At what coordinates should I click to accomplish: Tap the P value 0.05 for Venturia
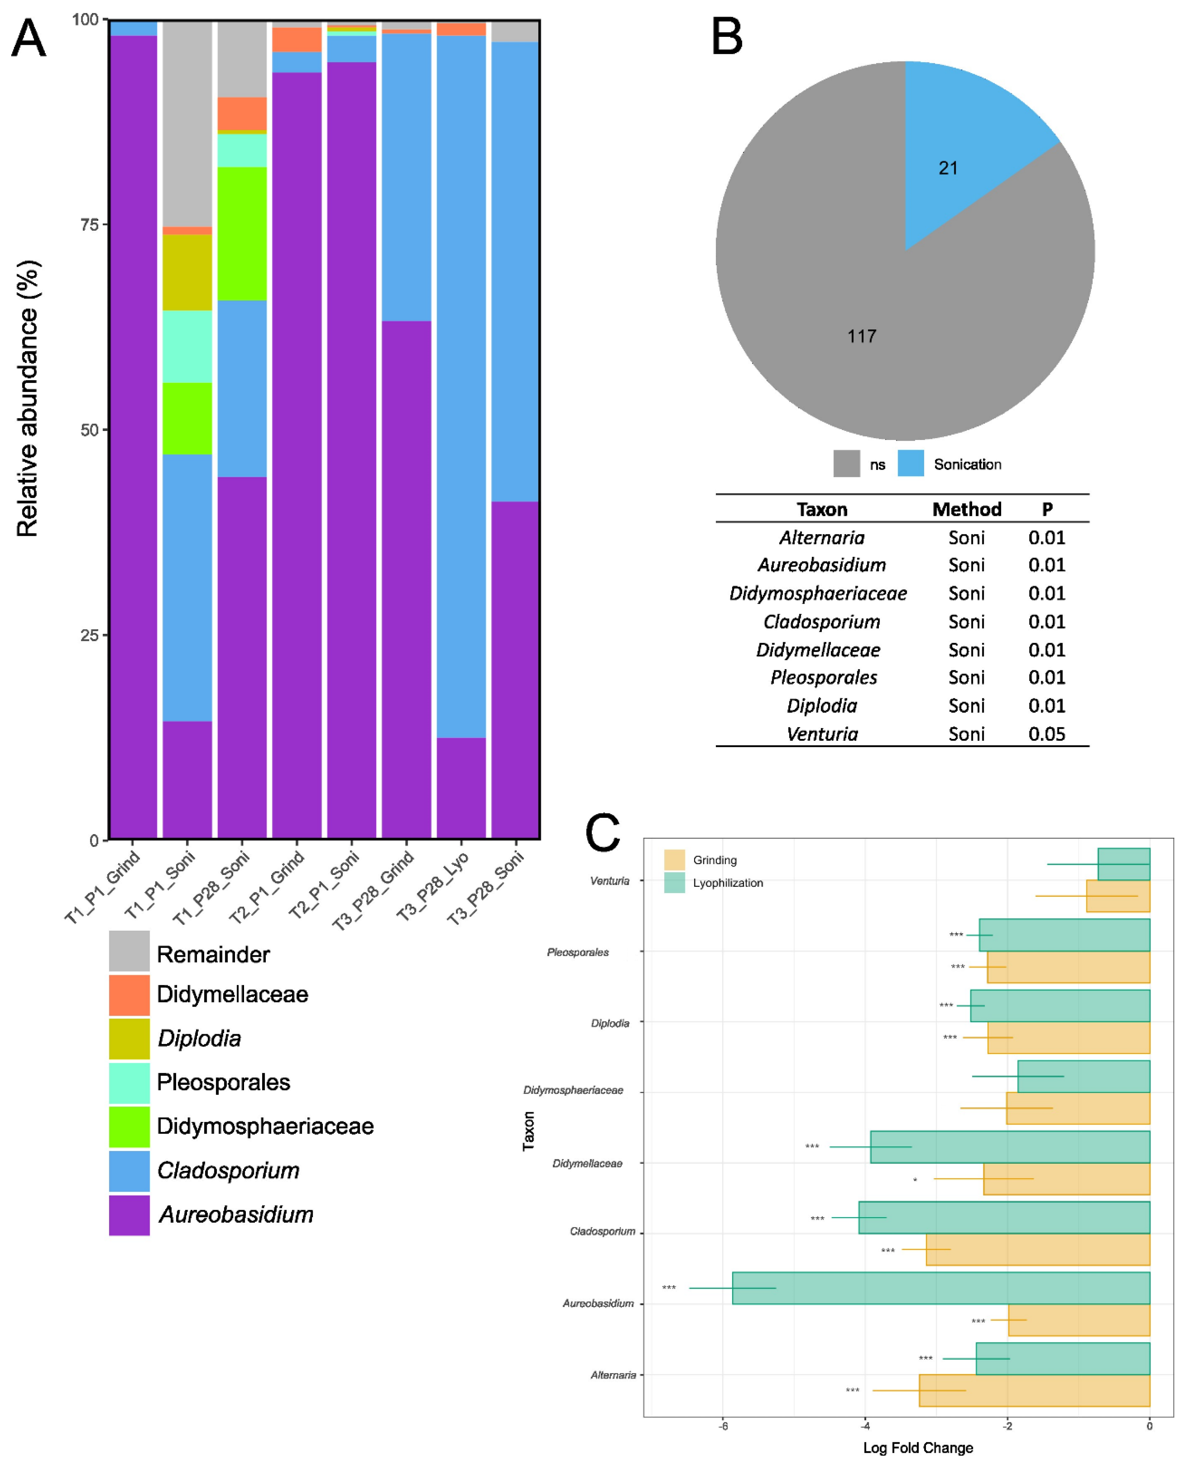pyautogui.click(x=1046, y=734)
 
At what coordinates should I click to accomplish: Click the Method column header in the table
pyautogui.click(x=966, y=509)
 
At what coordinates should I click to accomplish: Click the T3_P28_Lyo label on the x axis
pyautogui.click(x=434, y=887)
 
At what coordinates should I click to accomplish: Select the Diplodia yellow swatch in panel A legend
pyautogui.click(x=129, y=1038)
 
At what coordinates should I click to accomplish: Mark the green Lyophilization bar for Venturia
pyautogui.click(x=1124, y=864)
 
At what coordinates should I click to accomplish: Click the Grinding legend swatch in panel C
pyautogui.click(x=674, y=860)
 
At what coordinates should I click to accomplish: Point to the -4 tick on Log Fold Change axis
pyautogui.click(x=866, y=1426)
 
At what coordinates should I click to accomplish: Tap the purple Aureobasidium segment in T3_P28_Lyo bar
pyautogui.click(x=461, y=787)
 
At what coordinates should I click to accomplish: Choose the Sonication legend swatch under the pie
pyautogui.click(x=910, y=464)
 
